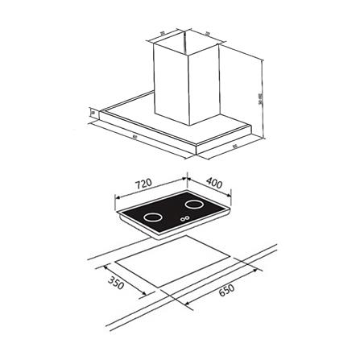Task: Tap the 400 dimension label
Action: tap(214, 183)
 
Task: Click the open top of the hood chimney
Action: tap(184, 39)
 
